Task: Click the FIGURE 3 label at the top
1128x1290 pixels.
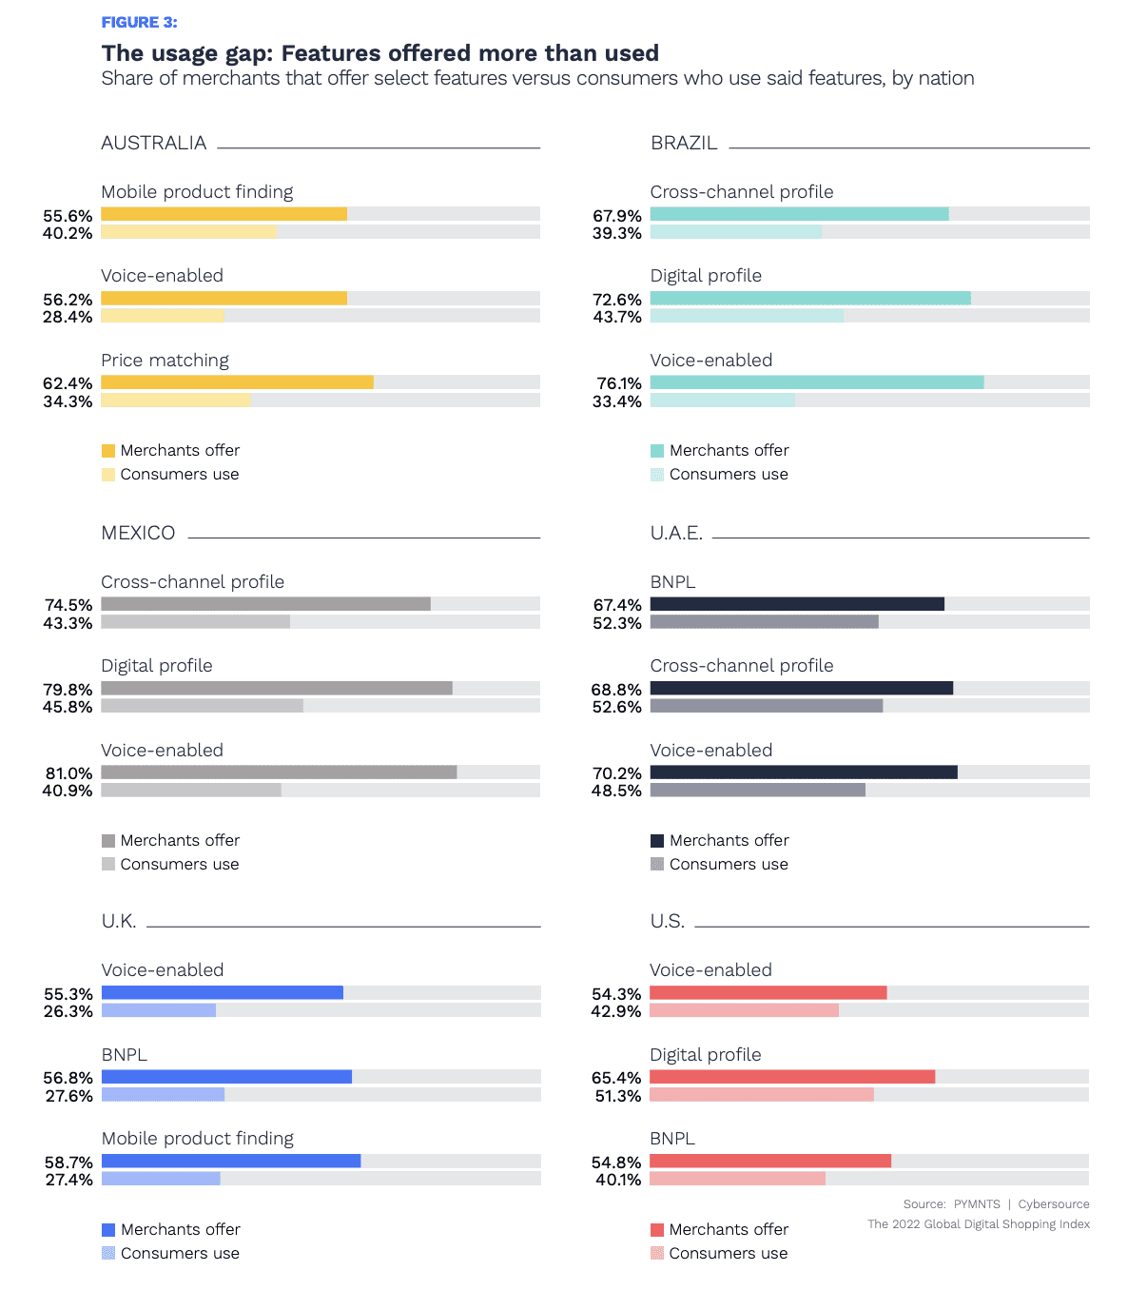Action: (139, 22)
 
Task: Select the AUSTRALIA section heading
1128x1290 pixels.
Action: (154, 143)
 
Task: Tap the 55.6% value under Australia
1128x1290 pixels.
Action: (68, 216)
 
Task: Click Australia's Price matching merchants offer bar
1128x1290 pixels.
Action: (237, 382)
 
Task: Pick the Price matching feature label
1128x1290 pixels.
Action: (165, 361)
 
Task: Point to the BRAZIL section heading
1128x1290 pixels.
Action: (684, 143)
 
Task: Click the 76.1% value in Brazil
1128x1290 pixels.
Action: (619, 383)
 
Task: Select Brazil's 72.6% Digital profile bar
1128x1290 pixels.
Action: (810, 299)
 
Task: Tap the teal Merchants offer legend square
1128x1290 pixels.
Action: (657, 451)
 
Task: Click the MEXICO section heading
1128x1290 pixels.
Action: (138, 533)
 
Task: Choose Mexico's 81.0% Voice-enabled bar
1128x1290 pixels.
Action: (279, 772)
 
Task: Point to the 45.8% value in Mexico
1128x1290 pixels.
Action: (68, 707)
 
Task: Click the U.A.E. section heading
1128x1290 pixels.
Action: (676, 533)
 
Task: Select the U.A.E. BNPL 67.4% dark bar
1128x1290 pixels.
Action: (797, 604)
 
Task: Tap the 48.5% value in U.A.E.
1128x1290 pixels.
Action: (617, 791)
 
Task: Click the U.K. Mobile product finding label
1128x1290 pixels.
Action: (198, 1139)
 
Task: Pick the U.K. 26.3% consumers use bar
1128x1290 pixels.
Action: (159, 1010)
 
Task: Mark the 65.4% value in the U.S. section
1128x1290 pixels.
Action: (616, 1078)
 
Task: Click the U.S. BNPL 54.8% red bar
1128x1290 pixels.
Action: (770, 1161)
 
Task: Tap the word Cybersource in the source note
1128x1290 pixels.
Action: (1054, 1204)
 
